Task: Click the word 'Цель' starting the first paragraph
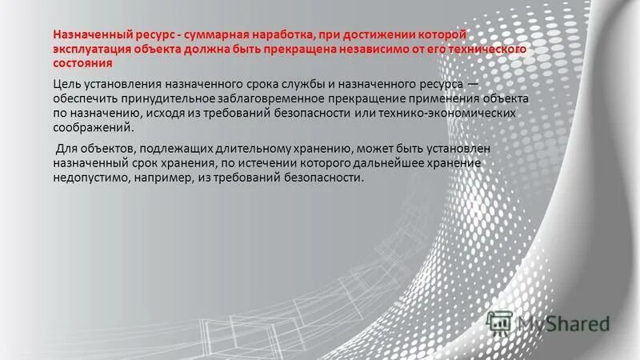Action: [66, 85]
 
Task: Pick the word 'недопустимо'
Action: [89, 178]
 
